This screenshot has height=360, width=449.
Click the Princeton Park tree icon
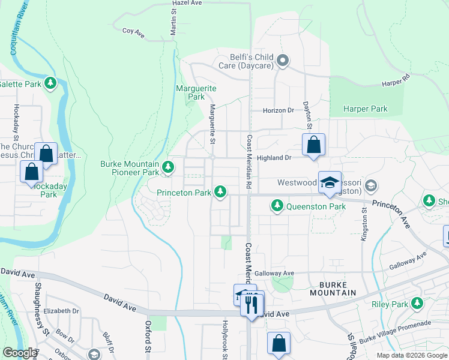click(221, 192)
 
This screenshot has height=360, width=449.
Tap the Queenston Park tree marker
click(277, 206)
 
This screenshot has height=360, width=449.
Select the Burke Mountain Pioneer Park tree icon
click(170, 168)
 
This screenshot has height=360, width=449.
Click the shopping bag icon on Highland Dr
click(313, 145)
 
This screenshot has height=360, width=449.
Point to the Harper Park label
click(365, 109)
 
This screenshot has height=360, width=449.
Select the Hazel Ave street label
click(187, 3)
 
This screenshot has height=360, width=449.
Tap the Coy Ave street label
click(133, 31)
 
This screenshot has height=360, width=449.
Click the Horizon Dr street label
click(279, 110)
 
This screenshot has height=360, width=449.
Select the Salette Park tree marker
click(51, 83)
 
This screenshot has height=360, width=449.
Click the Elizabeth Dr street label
click(61, 311)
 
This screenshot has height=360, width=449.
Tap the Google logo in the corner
click(19, 353)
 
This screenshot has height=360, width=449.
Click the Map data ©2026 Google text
click(411, 355)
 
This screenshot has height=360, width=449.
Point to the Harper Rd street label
click(396, 79)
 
